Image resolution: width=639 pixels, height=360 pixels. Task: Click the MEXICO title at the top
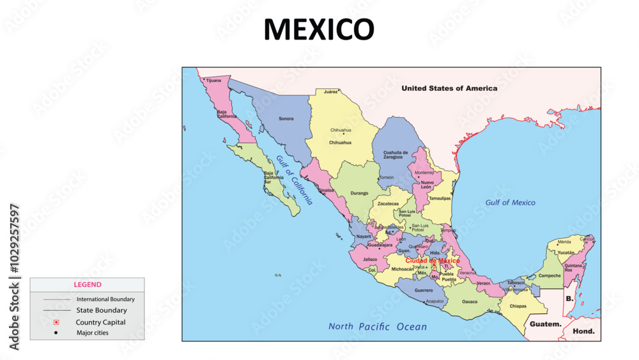pos(318,29)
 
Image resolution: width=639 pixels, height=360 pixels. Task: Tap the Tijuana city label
pos(213,81)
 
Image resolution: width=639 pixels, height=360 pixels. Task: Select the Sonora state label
pos(286,118)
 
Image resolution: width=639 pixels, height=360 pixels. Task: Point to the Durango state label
pos(360,192)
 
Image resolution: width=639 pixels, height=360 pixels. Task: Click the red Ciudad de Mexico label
pos(432,261)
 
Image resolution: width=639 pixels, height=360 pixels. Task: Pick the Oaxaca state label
pos(470,301)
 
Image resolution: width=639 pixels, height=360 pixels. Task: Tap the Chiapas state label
pos(518,306)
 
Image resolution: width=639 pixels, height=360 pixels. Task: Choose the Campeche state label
pos(550,276)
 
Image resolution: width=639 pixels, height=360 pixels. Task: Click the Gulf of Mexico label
pos(510,203)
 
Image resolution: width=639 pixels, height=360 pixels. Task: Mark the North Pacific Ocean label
pos(377,327)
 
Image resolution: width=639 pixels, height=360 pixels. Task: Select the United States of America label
pos(449,88)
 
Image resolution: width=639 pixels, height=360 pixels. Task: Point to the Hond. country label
pos(583,331)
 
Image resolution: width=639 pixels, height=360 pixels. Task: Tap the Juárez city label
pos(330,92)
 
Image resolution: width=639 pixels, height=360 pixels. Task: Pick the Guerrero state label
pos(424,290)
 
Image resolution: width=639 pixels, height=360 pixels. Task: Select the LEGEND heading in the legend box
pos(87,285)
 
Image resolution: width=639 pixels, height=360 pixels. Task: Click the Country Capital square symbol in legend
pos(56,322)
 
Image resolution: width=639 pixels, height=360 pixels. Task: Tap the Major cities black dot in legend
pos(56,333)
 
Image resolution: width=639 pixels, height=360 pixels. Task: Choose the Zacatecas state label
pos(388,204)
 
